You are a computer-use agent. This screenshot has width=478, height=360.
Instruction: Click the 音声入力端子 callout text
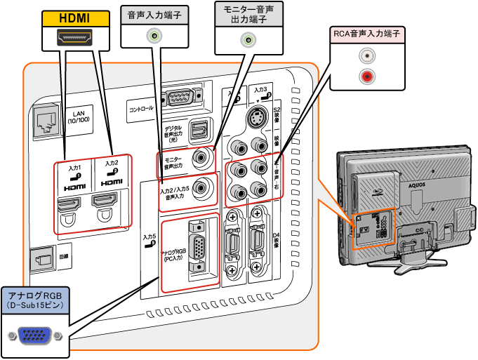coord(155,15)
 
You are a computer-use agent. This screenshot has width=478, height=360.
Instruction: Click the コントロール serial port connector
coord(182,98)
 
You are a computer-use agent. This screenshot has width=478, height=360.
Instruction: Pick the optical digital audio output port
coord(200,129)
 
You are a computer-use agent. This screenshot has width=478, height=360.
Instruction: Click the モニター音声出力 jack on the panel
coord(204,158)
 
